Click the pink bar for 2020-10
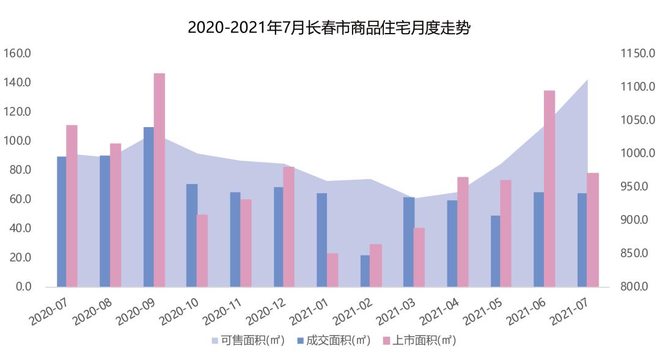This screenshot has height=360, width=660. tap(202, 250)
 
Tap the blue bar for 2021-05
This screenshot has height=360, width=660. tap(495, 251)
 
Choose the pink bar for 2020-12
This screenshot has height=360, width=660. tap(289, 226)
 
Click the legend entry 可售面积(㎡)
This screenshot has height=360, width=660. tap(248, 340)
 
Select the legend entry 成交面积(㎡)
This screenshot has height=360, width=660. tap(333, 340)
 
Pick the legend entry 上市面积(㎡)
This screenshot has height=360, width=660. tap(419, 340)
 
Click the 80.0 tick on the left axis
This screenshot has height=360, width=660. tap(19, 170)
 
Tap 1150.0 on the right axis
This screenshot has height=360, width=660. tap(638, 54)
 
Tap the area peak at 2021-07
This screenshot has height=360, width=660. tap(587, 80)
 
